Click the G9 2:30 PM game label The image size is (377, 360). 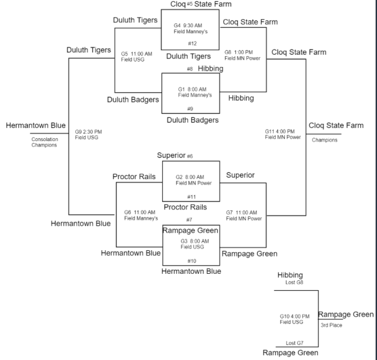88,131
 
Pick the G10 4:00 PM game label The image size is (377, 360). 294,316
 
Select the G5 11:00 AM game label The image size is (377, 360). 136,54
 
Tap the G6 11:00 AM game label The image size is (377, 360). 140,212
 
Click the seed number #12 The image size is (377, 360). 192,43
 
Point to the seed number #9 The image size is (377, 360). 191,109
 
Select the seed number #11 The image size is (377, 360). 191,197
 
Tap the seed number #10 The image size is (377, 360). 191,261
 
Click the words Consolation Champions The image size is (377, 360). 44,142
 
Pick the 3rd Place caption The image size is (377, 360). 331,325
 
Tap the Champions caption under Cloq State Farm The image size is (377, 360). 325,140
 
